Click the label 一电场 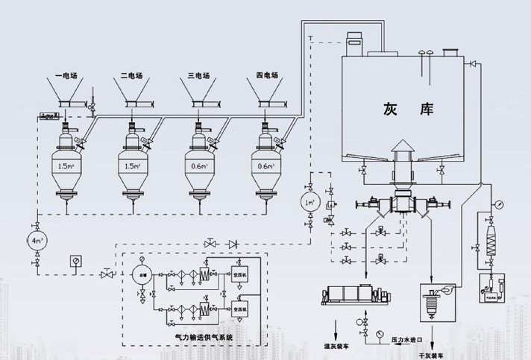point(68,75)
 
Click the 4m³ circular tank point(36,241)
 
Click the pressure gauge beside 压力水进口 point(380,332)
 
